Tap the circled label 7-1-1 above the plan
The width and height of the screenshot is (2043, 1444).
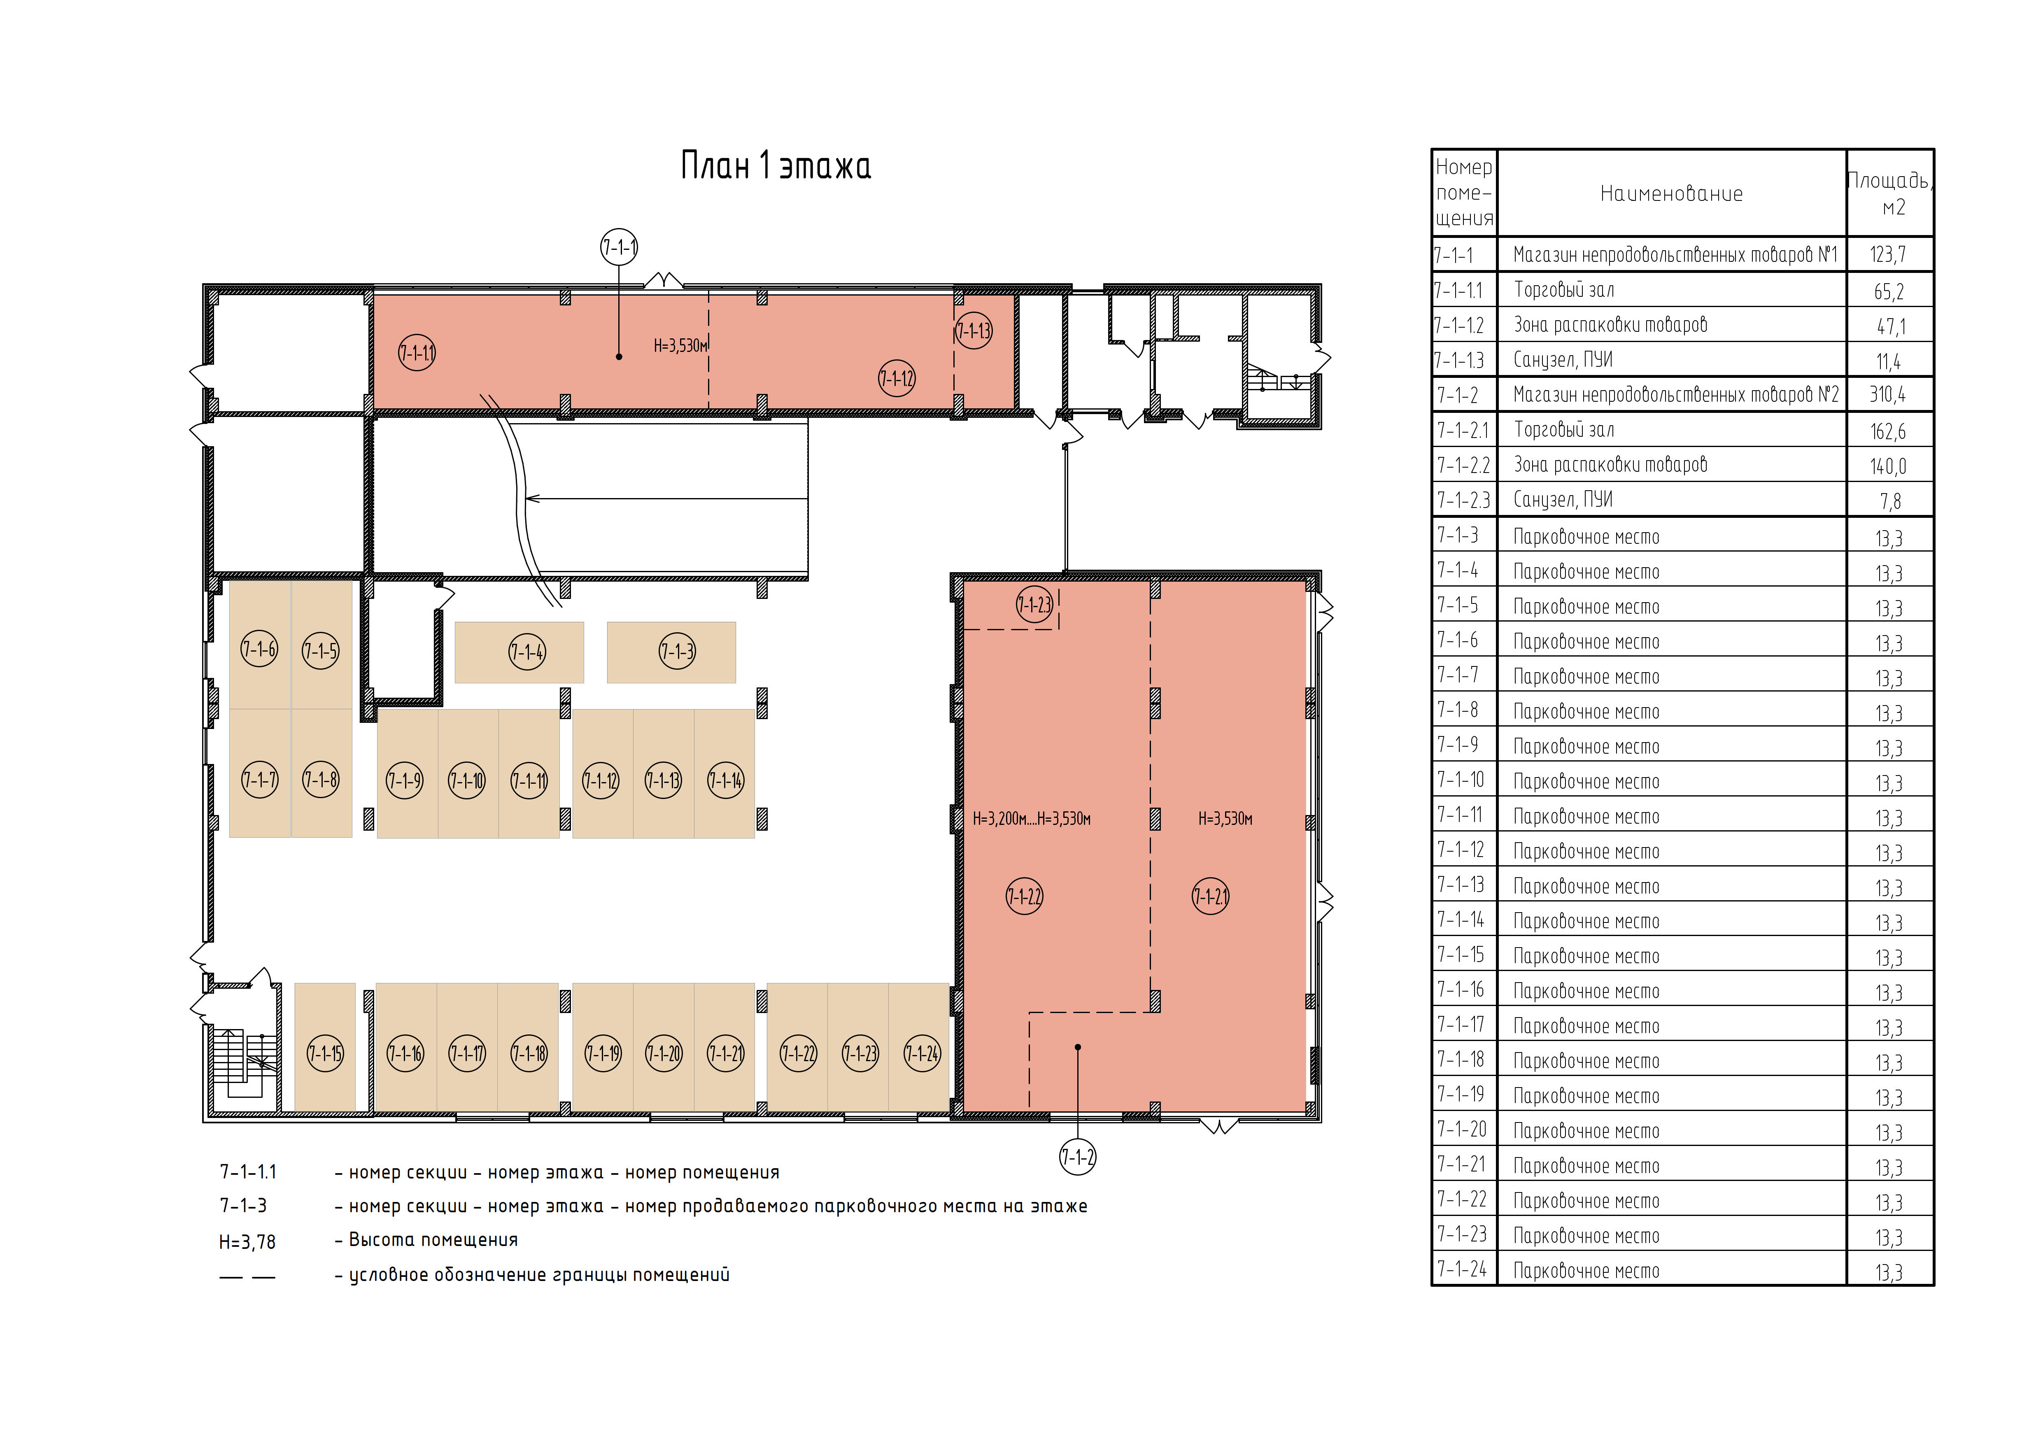coord(619,247)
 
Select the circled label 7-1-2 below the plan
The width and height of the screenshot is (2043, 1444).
coord(1078,1158)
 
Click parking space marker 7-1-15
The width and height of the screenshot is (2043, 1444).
coord(326,1054)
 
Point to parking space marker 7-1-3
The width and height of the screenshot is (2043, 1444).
coord(677,651)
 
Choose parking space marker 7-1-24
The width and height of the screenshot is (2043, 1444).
coord(922,1054)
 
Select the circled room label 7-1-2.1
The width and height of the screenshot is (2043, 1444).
coord(1210,897)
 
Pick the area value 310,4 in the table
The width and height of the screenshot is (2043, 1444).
coord(1888,394)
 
